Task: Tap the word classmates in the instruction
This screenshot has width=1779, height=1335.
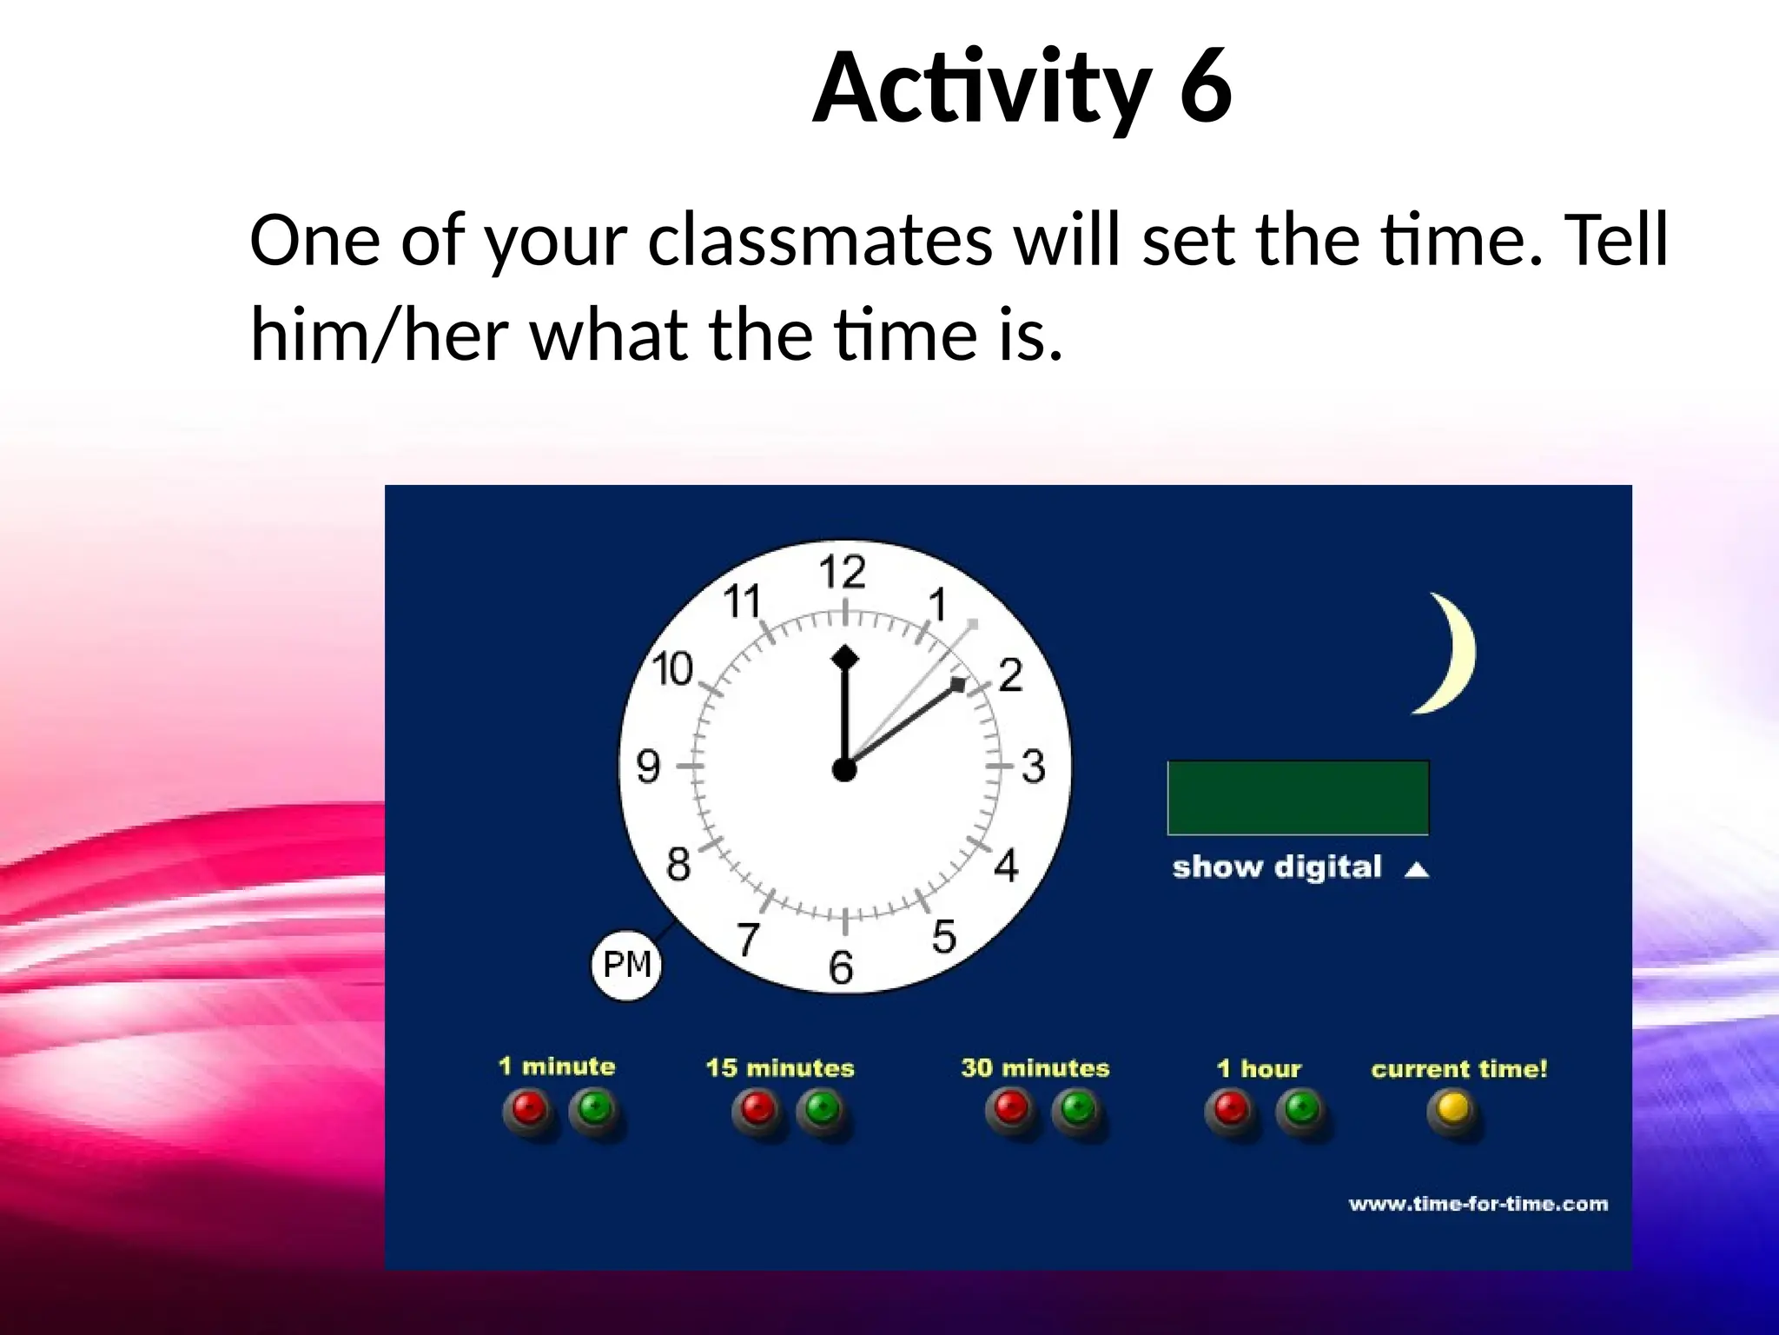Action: tap(819, 241)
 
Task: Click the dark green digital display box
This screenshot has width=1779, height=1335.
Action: tap(1298, 798)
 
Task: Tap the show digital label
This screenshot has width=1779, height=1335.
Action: tap(1276, 867)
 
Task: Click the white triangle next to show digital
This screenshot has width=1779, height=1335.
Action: tap(1417, 869)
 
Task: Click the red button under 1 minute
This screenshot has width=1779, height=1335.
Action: tap(530, 1109)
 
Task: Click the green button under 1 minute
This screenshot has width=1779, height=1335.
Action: tap(595, 1109)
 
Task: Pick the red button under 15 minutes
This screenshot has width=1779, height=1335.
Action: tap(757, 1109)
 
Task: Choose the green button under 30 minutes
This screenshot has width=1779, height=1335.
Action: tap(1077, 1109)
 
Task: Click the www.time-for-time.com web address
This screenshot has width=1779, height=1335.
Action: tap(1478, 1204)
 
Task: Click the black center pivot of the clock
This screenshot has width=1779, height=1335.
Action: tap(843, 769)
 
